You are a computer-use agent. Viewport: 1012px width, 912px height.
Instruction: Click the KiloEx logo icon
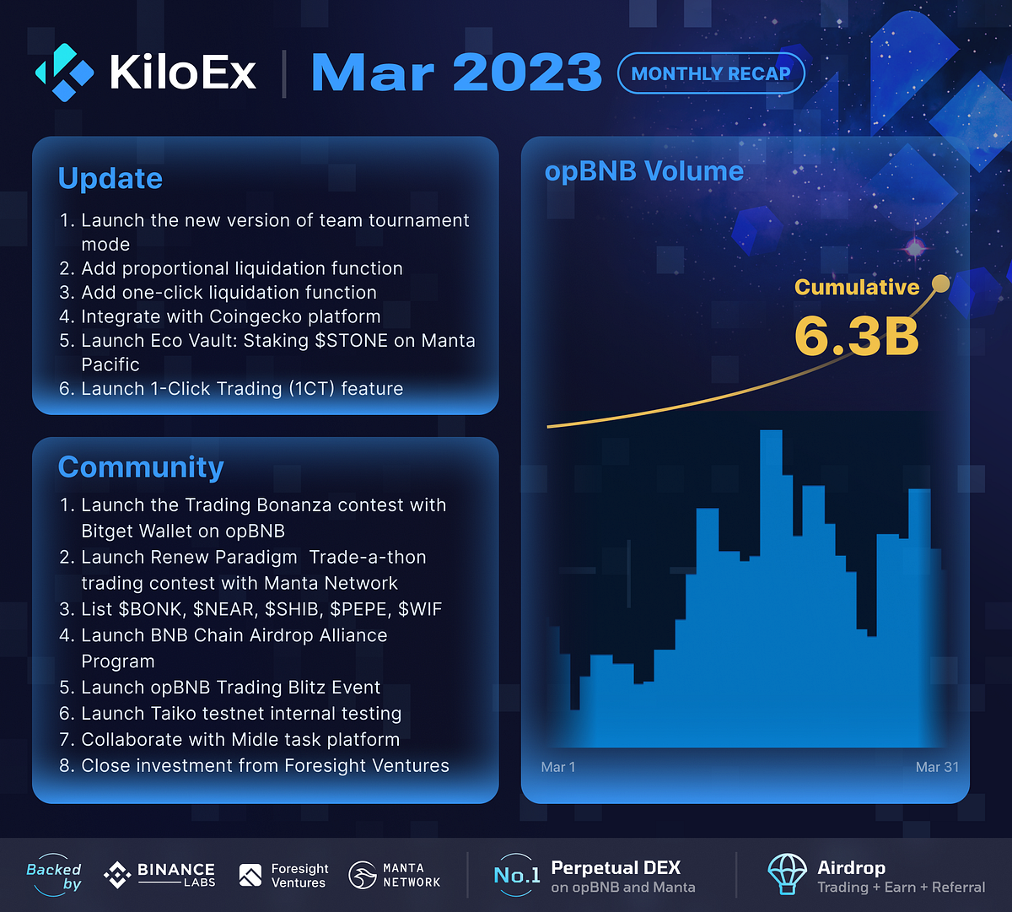tap(64, 72)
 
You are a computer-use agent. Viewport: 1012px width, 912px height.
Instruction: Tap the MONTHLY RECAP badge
tap(711, 73)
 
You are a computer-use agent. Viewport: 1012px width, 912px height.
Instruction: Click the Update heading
tap(110, 178)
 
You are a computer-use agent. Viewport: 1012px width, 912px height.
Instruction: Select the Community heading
tap(141, 467)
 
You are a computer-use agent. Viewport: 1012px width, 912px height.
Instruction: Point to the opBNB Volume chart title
tap(644, 171)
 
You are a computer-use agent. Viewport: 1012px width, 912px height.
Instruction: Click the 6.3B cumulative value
tap(856, 336)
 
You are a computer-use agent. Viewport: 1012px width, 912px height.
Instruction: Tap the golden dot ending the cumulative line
tap(940, 284)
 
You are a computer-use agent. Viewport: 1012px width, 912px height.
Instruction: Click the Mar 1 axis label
tap(557, 767)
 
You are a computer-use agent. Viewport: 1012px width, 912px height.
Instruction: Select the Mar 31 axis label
tap(937, 767)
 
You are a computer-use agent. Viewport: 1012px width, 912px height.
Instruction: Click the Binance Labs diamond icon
tap(116, 875)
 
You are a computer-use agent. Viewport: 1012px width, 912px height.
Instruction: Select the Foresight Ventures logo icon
tap(250, 876)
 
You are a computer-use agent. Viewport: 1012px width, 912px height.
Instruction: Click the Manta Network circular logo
tap(363, 875)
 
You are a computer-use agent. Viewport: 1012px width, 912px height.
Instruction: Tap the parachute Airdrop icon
tap(787, 874)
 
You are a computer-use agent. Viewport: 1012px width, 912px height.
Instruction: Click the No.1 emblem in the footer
tap(516, 875)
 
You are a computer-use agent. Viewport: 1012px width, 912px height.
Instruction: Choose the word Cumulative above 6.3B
tap(857, 287)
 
